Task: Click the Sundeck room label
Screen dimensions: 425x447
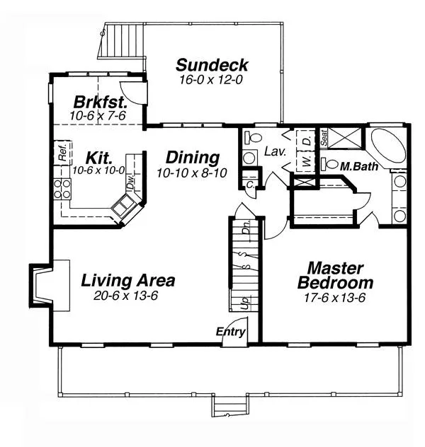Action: (x=212, y=65)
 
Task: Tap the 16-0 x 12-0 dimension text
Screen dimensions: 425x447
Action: (x=211, y=80)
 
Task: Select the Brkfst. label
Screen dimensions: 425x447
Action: (x=100, y=102)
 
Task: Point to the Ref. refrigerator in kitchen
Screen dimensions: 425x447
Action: (x=63, y=152)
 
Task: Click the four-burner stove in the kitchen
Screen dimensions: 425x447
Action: (x=62, y=188)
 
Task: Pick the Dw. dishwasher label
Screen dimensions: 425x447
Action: (x=130, y=182)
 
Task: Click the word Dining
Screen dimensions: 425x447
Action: (x=193, y=158)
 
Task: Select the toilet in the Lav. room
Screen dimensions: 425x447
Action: (x=253, y=137)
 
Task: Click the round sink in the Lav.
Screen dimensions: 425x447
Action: (x=249, y=158)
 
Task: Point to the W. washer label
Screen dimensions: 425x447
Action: (x=307, y=161)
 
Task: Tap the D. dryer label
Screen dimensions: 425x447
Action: (x=307, y=141)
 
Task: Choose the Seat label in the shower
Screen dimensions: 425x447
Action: (x=324, y=138)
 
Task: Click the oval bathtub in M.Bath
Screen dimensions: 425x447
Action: (x=388, y=146)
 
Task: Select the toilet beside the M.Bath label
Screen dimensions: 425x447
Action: (x=329, y=163)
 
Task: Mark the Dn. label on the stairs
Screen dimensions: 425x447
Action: (x=246, y=227)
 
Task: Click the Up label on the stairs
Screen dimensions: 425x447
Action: (x=244, y=303)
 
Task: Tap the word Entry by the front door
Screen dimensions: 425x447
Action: (x=230, y=332)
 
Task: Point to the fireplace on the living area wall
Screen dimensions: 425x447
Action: (x=50, y=285)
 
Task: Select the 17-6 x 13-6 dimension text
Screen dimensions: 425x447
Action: (x=334, y=298)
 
